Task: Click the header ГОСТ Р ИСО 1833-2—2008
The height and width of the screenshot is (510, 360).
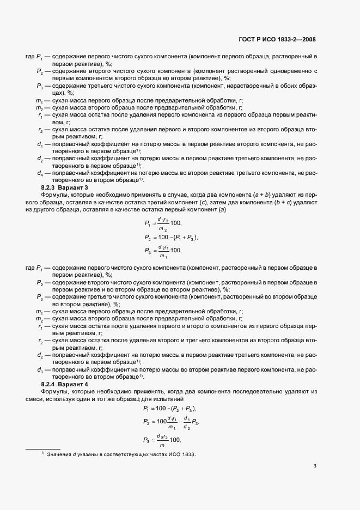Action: (277, 40)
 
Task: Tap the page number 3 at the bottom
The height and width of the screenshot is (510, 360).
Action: (315, 466)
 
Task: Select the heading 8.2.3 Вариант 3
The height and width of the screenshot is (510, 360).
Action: (64, 187)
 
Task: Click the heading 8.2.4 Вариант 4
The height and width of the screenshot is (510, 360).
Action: (64, 385)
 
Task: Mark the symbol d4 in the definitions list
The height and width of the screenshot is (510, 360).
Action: (40, 173)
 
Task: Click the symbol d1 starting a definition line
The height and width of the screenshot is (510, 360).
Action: (40, 144)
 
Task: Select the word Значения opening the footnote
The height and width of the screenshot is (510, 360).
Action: (59, 454)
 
